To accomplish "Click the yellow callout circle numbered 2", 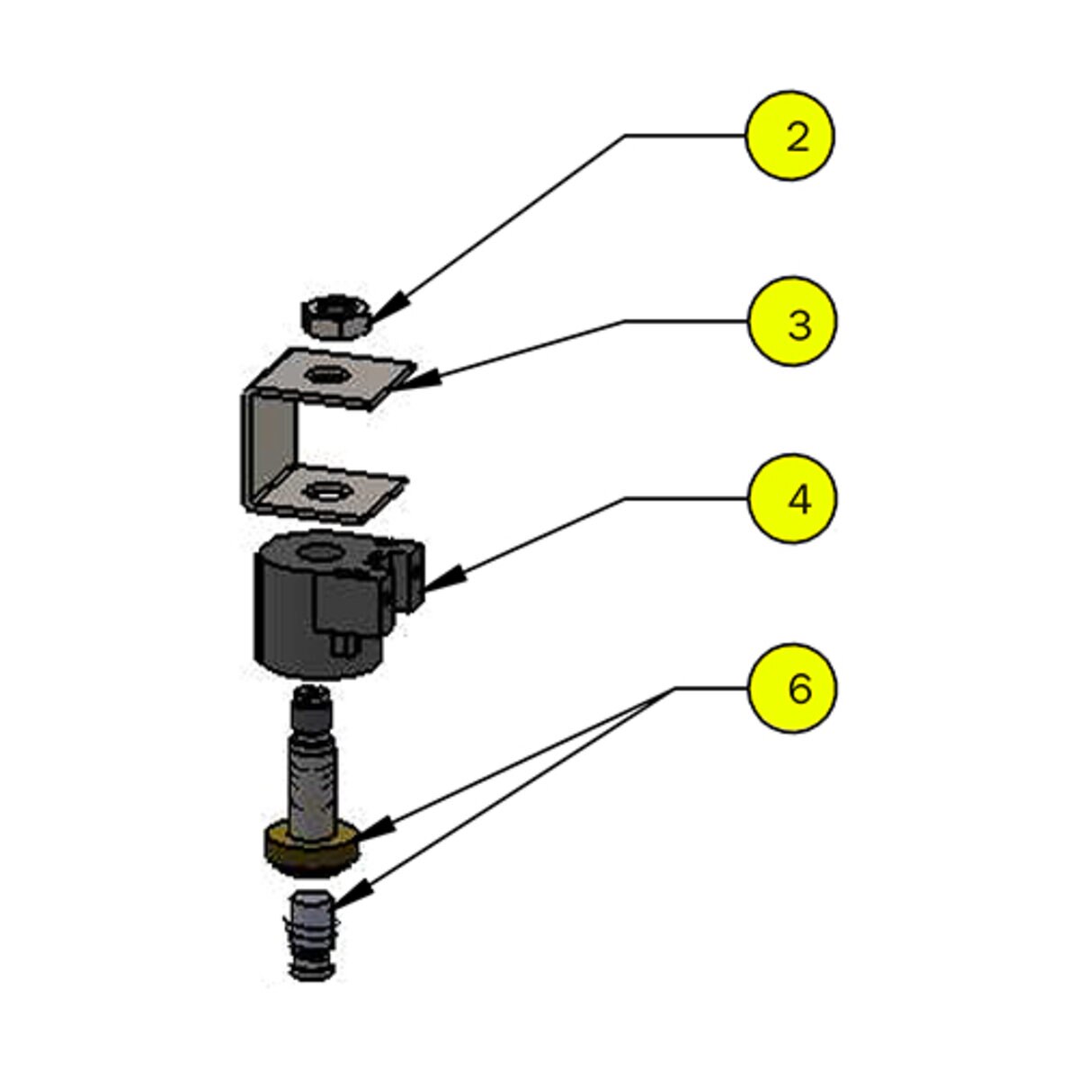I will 791,136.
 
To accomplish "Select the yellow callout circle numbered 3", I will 792,322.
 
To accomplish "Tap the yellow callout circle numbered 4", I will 792,499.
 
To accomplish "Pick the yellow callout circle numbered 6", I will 792,688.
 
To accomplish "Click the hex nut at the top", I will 334,315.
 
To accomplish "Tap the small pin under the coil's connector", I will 341,645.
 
